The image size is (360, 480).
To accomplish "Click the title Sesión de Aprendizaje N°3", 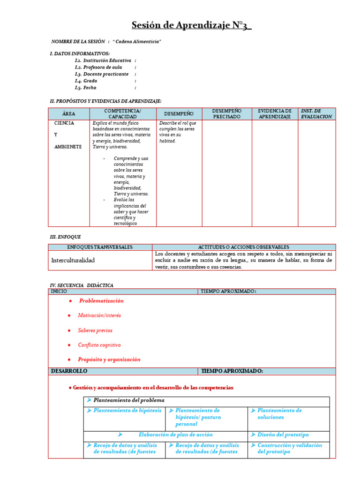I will click(x=191, y=25).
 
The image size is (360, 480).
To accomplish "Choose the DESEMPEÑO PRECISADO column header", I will click(x=226, y=113).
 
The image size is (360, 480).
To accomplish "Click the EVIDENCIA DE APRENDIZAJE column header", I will click(x=275, y=113).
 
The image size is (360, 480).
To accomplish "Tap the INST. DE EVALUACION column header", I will click(x=316, y=113).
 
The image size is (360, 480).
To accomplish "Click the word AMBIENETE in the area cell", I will click(x=67, y=147).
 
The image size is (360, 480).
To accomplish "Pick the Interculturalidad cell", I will click(x=73, y=260).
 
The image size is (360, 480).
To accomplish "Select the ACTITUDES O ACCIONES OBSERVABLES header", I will click(x=244, y=247).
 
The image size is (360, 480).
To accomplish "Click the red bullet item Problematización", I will click(x=101, y=301).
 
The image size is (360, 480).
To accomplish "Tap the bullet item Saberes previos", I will click(x=95, y=330).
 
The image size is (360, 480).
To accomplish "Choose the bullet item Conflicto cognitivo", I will click(x=99, y=345).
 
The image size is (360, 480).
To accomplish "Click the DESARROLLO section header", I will click(x=69, y=371).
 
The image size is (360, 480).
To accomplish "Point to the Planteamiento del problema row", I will click(x=129, y=400).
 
